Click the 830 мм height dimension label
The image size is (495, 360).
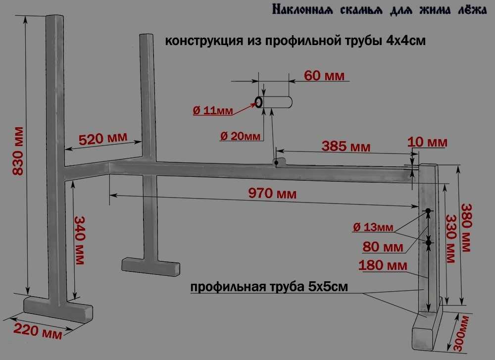point(18,151)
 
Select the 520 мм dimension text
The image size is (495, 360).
point(103,138)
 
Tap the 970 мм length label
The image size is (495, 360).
point(272,193)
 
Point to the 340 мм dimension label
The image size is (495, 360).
point(79,240)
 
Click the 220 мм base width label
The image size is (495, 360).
point(38,330)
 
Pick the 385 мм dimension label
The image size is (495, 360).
point(346,146)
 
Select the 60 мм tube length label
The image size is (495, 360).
point(324,75)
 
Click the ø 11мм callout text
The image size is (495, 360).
point(213,110)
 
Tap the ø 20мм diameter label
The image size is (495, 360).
point(241,136)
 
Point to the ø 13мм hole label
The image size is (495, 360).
point(373,227)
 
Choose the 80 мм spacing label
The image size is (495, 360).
point(383,247)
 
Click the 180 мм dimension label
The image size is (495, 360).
point(383,265)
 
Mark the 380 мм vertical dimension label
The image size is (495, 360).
point(467,227)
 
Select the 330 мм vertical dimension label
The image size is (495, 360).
point(451,239)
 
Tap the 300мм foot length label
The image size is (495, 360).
point(461,333)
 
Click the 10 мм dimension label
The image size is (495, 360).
point(428,142)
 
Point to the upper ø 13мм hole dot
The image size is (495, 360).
point(428,210)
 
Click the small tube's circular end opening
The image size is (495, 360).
point(258,103)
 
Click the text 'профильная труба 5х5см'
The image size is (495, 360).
point(269,287)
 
